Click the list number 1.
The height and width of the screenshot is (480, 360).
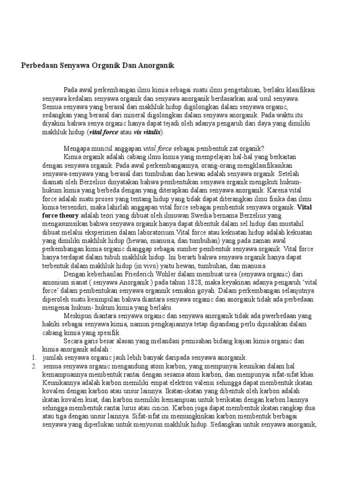(x=34, y=357)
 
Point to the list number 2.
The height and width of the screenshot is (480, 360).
(x=34, y=366)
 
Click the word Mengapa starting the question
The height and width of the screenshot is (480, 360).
(x=77, y=147)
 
